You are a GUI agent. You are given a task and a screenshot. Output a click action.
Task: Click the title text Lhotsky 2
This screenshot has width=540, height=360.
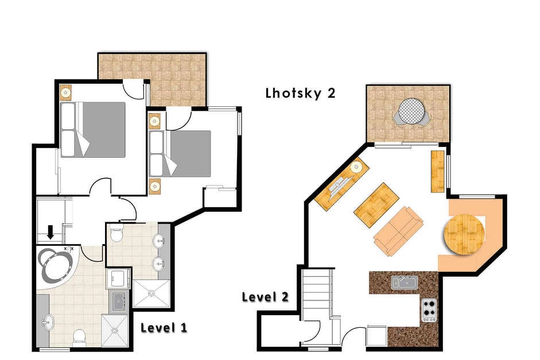(300, 94)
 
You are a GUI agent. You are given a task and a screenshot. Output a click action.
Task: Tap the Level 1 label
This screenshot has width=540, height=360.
(164, 328)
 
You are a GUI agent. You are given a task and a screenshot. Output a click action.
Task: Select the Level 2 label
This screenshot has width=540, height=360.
(265, 297)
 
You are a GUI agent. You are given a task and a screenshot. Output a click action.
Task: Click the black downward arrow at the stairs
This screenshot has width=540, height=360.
(50, 232)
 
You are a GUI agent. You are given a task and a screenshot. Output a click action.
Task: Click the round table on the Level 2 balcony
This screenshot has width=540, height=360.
(412, 111)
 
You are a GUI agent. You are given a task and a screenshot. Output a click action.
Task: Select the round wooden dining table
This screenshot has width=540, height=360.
(464, 234)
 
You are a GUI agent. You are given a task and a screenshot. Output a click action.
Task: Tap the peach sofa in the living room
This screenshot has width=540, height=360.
(398, 231)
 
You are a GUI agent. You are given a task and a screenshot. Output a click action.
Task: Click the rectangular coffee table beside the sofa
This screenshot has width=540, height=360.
(376, 205)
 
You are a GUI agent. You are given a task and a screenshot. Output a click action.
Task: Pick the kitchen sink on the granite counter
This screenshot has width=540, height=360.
(405, 282)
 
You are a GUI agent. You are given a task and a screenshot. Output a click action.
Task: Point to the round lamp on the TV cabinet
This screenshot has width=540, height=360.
(356, 168)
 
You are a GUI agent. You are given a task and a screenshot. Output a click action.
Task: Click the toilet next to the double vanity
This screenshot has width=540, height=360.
(116, 233)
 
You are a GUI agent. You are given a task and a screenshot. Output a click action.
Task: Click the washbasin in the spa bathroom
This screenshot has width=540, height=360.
(48, 322)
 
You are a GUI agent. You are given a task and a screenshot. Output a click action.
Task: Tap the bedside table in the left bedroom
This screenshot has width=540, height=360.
(65, 92)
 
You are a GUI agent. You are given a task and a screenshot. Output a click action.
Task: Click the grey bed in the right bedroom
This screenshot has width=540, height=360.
(180, 154)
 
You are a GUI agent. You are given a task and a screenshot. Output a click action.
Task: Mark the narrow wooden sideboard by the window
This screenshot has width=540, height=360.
(438, 172)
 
